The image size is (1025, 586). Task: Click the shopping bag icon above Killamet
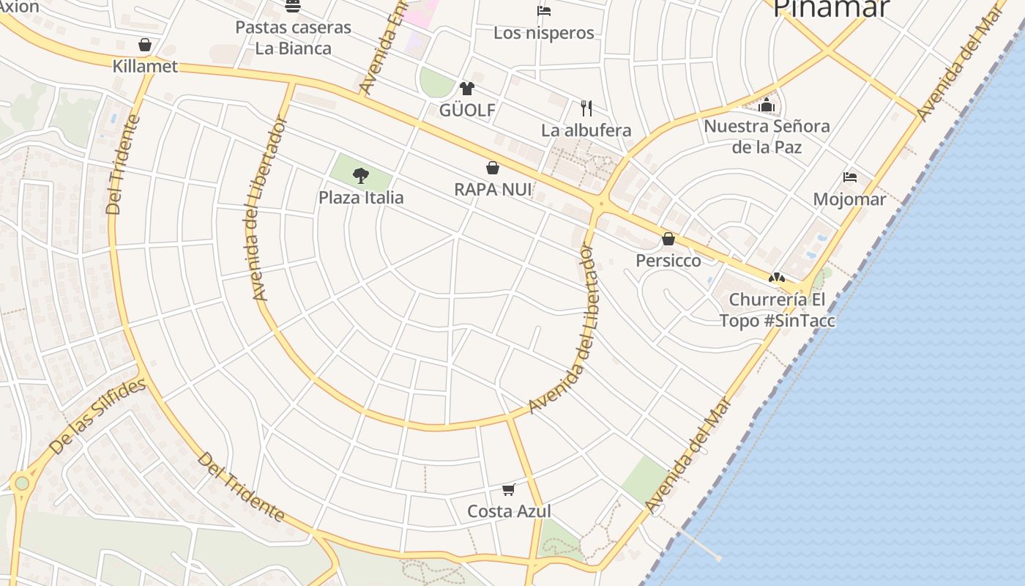145,45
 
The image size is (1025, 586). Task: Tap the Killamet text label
145,66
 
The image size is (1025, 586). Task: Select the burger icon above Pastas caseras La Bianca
293,7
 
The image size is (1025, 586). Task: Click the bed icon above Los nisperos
543,10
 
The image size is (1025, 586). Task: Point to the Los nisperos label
543,33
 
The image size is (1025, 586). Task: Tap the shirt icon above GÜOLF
467,89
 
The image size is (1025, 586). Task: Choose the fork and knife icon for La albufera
586,108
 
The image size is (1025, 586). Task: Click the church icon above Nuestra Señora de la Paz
767,105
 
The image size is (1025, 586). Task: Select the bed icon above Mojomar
849,177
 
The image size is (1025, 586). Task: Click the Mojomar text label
849,199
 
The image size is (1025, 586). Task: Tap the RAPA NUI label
493,190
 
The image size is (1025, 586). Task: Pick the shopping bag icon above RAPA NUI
493,168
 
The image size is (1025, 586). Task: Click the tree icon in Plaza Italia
360,175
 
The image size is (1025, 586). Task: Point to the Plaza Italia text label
361,198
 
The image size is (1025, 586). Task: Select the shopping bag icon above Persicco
668,239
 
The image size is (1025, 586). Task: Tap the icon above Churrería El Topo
776,278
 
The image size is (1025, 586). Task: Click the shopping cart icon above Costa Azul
509,489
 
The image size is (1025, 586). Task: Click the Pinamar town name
831,9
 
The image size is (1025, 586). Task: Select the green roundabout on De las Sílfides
22,483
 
